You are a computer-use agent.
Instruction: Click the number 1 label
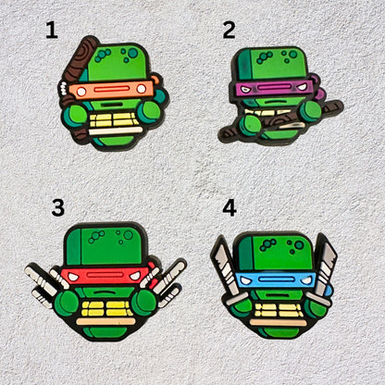(x=52, y=31)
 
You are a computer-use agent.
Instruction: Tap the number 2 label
(x=229, y=30)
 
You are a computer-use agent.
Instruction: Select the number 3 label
(x=57, y=207)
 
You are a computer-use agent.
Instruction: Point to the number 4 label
(x=229, y=207)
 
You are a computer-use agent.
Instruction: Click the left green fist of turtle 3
(x=66, y=303)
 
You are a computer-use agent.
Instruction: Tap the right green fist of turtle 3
(x=143, y=303)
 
